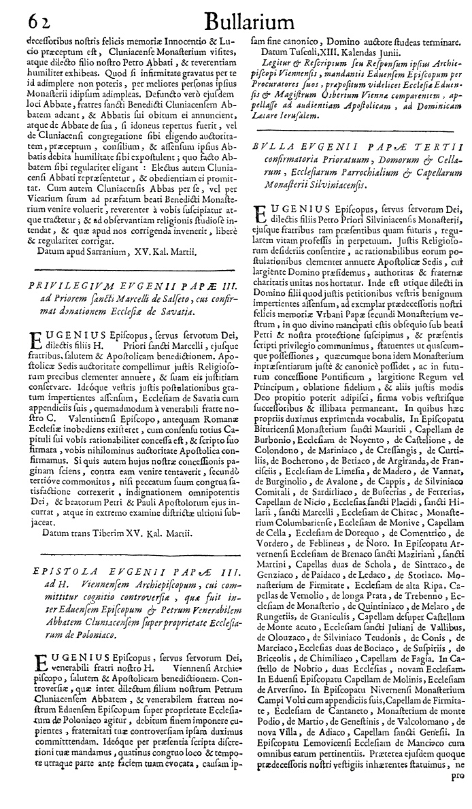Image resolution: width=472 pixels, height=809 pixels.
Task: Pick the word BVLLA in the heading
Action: tap(270, 147)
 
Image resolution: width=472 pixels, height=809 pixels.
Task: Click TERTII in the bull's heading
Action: tap(441, 147)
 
